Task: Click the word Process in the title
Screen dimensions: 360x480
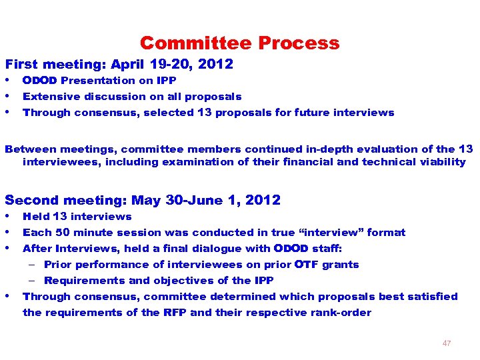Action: (x=299, y=43)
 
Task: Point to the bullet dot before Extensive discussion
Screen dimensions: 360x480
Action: (x=8, y=97)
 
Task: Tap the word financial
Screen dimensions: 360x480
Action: (x=307, y=162)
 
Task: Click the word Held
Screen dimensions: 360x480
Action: (x=35, y=217)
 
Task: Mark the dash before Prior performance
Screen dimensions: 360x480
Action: (x=32, y=265)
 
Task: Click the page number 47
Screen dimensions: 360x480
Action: (x=446, y=343)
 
